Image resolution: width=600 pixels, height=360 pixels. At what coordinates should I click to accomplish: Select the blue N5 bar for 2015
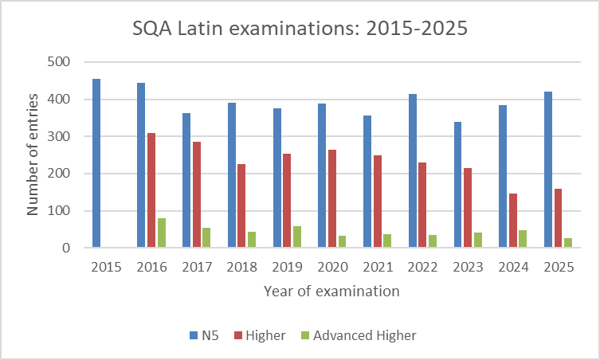(x=96, y=163)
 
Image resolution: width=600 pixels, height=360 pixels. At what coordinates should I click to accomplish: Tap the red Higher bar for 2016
(x=151, y=190)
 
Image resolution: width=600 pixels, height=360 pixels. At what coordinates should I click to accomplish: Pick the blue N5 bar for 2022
(x=413, y=171)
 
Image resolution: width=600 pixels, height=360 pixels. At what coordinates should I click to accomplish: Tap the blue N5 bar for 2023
(x=457, y=185)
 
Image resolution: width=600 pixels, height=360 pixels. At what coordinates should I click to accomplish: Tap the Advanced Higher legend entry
(x=357, y=335)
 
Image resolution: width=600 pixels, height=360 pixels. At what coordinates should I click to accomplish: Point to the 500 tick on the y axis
(x=61, y=62)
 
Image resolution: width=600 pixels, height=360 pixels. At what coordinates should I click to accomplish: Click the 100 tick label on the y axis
(x=61, y=211)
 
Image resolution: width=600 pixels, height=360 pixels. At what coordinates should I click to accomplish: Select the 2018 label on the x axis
(x=241, y=268)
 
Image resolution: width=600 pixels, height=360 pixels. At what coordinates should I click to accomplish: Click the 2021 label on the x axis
(x=377, y=268)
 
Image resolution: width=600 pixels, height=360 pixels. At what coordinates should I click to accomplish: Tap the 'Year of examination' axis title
(x=331, y=292)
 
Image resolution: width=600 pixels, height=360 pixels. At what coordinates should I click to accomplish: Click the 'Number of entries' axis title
(x=33, y=155)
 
